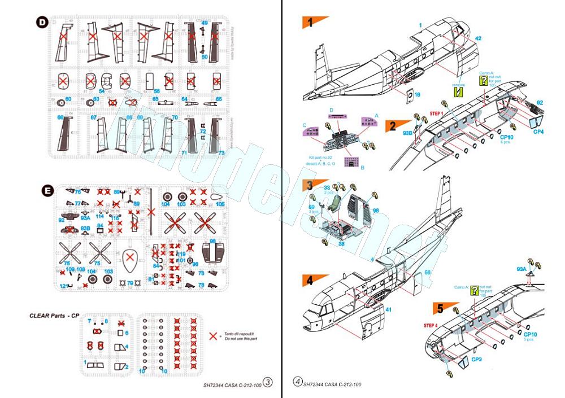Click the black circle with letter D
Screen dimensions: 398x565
(x=42, y=23)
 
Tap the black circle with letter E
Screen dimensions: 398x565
(x=49, y=191)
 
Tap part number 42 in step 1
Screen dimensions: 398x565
(x=478, y=38)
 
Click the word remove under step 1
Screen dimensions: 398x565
(x=459, y=84)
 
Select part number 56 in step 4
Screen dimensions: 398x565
(x=428, y=273)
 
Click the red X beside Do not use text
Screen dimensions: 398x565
(x=213, y=335)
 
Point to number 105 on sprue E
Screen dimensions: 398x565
(x=220, y=204)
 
